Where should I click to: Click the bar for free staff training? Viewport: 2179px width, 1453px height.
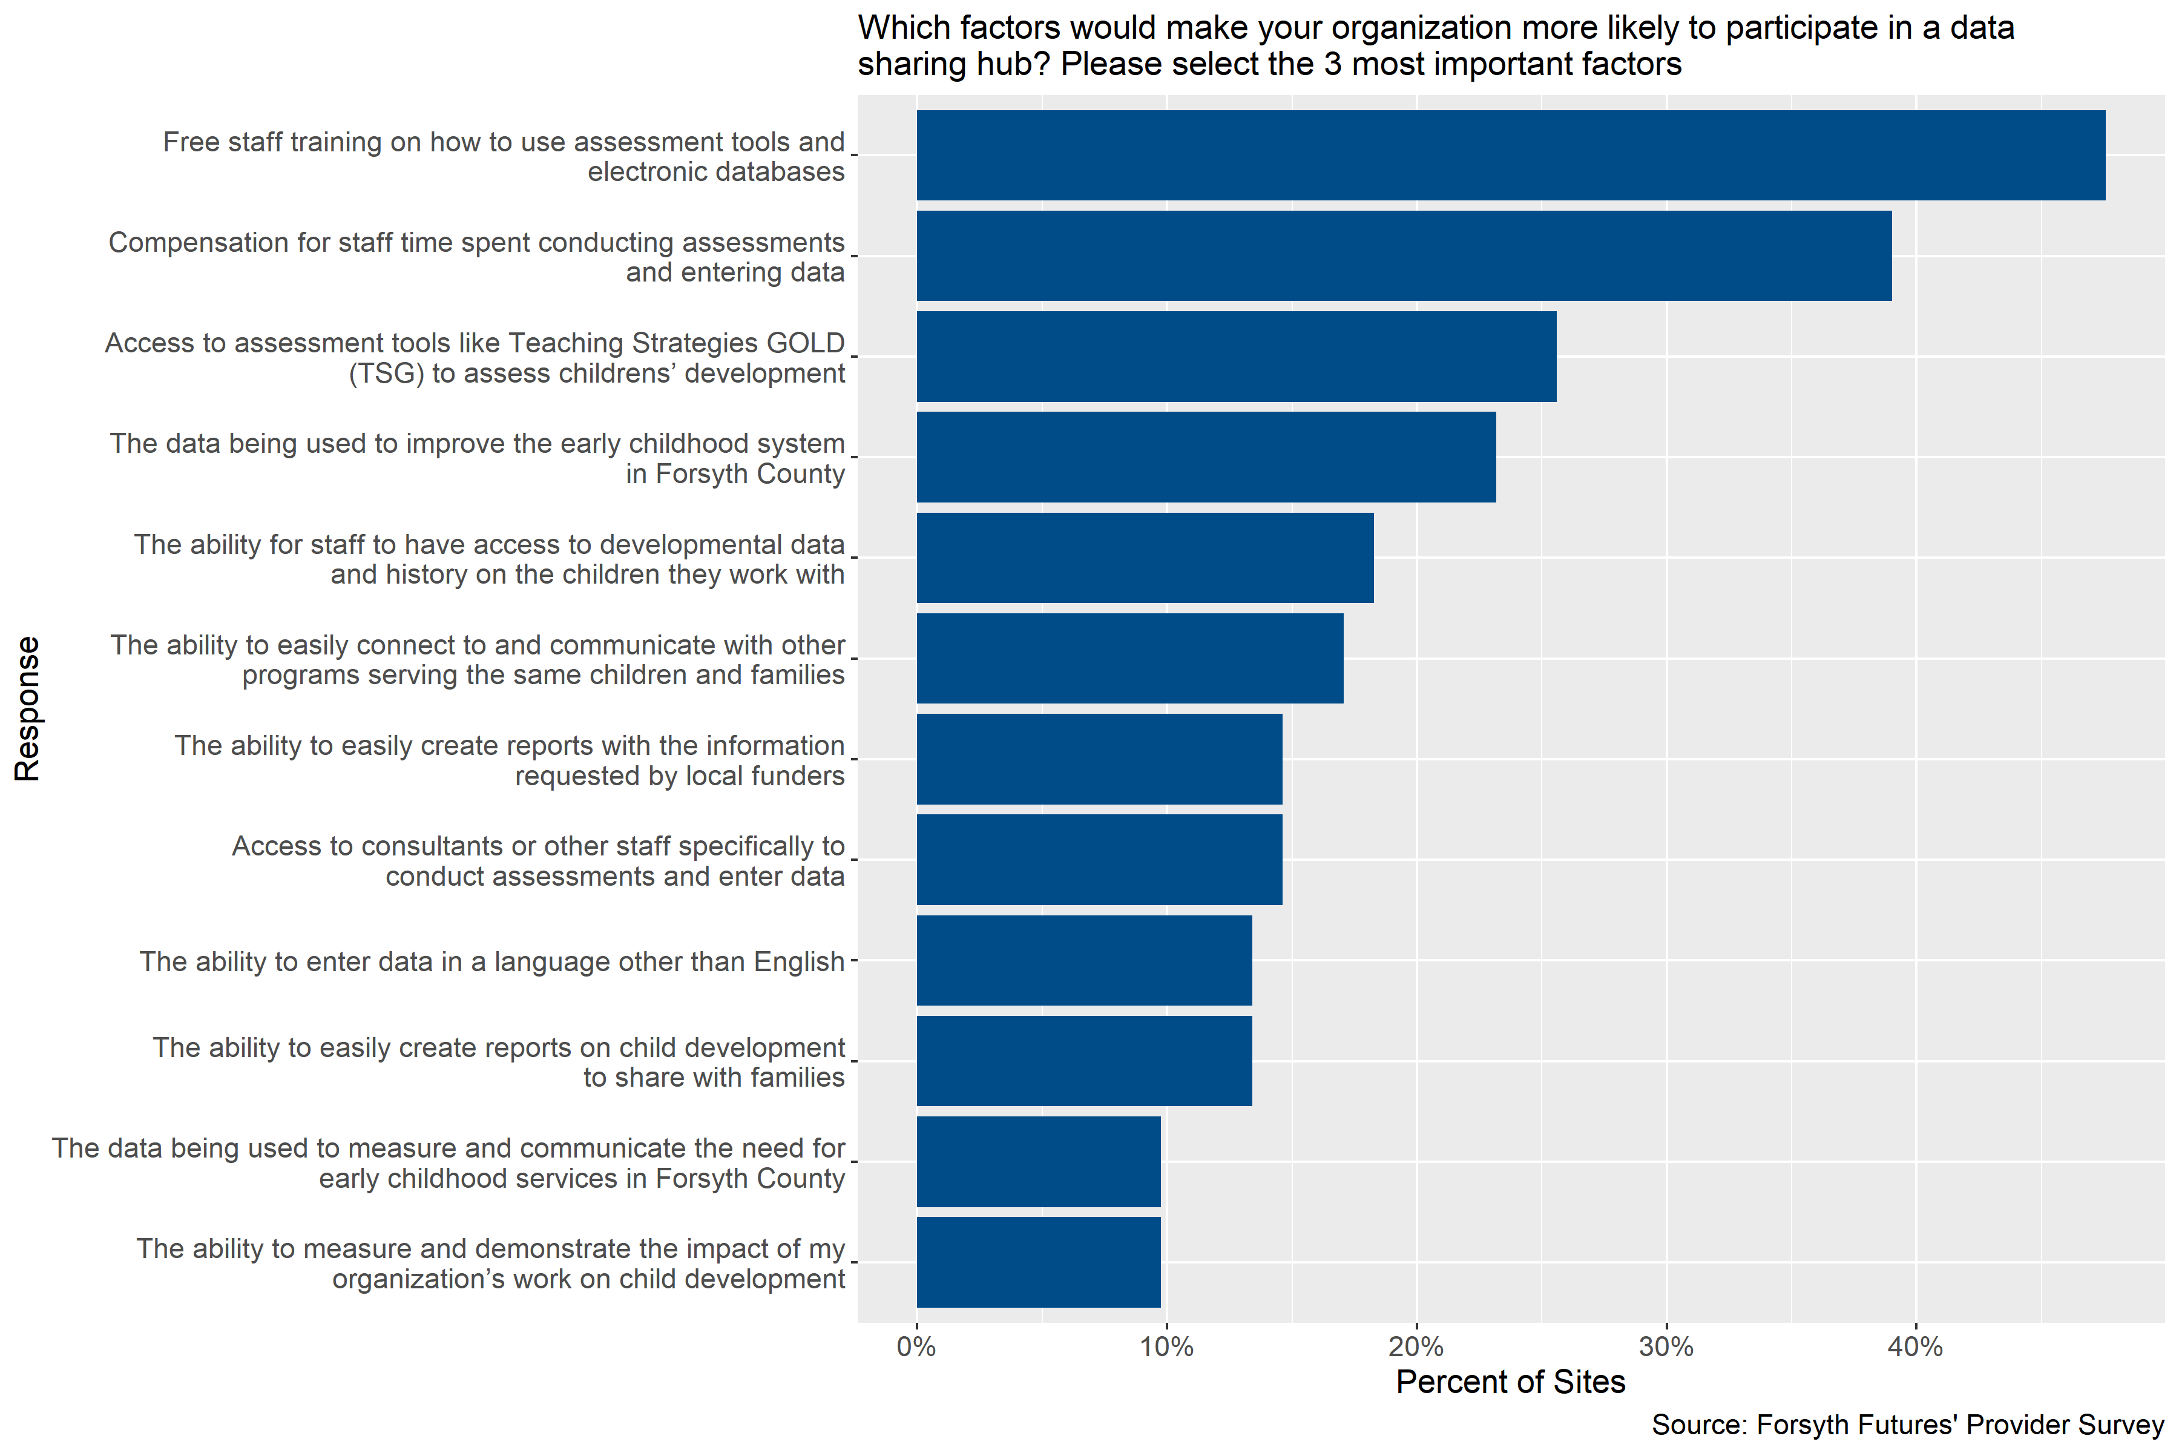point(1510,155)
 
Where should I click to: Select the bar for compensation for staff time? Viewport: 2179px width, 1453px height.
point(1404,255)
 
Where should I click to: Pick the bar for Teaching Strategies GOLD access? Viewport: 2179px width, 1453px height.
point(1236,357)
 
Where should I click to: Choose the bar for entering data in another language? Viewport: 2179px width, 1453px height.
point(1084,960)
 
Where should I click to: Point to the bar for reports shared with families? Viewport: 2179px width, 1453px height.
point(1084,1061)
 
